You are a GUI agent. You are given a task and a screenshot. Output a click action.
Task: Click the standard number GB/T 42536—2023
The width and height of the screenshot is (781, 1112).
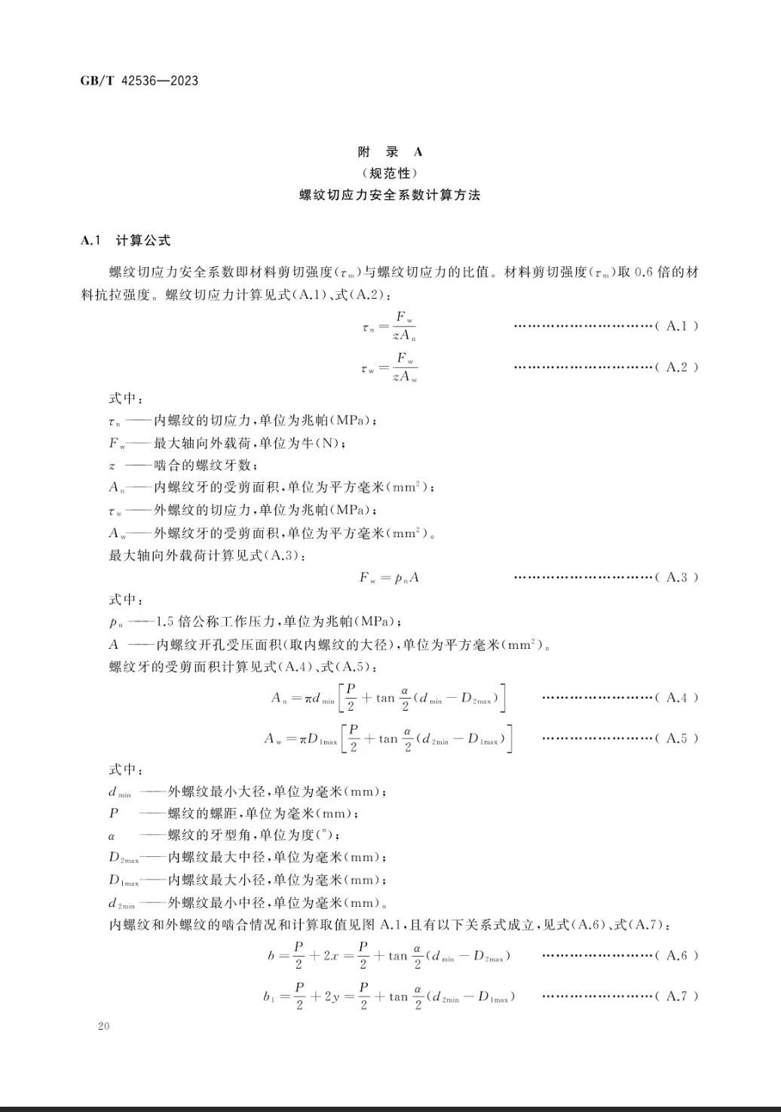pyautogui.click(x=139, y=81)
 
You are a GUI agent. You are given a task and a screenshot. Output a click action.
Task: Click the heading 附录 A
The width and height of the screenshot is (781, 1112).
pyautogui.click(x=390, y=151)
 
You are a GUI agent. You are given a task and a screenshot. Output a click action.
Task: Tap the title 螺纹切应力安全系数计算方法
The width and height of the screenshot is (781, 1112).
pyautogui.click(x=390, y=195)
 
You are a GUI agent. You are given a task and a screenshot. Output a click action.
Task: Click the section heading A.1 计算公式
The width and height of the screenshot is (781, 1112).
pyautogui.click(x=125, y=241)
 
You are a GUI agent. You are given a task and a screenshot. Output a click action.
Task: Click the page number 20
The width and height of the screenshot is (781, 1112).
pyautogui.click(x=103, y=1026)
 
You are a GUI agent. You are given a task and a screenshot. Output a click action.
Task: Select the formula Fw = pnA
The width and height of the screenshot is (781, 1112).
pyautogui.click(x=389, y=578)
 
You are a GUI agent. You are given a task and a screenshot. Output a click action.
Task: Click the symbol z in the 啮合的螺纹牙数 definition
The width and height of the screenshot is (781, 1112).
pyautogui.click(x=112, y=465)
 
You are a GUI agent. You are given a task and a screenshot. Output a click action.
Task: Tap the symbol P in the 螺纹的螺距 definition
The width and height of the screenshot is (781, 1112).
pyautogui.click(x=114, y=813)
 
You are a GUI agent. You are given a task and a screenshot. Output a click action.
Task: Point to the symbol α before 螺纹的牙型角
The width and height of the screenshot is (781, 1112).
pyautogui.click(x=112, y=836)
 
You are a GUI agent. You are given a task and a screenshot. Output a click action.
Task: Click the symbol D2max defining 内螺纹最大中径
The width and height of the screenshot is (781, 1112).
pyautogui.click(x=124, y=858)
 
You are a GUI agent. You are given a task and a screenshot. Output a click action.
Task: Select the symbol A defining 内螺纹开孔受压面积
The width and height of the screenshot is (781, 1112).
pyautogui.click(x=114, y=645)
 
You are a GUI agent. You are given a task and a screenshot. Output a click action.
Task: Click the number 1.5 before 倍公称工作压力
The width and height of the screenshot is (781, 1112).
pyautogui.click(x=165, y=622)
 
